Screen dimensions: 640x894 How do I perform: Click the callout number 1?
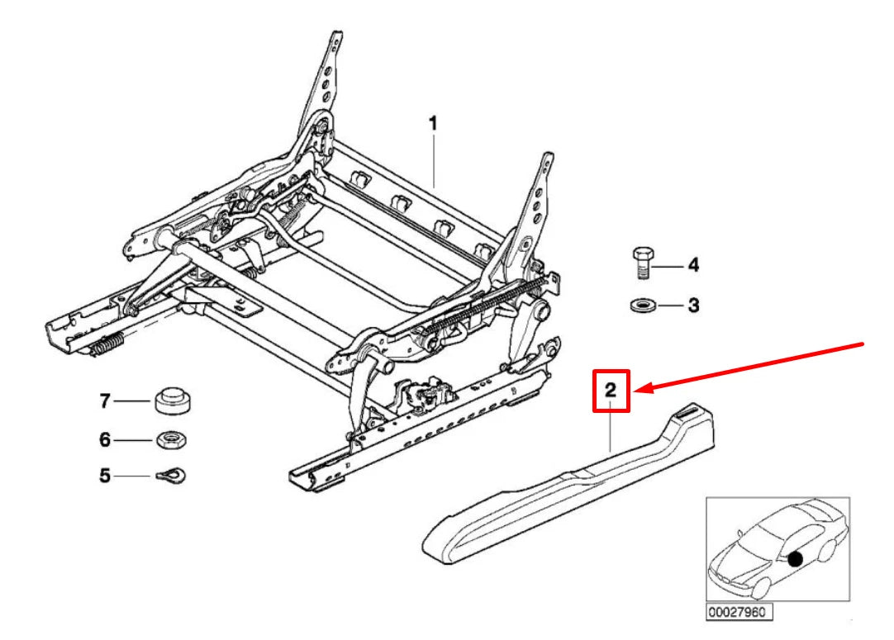coord(432,124)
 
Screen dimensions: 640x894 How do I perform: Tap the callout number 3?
coord(693,306)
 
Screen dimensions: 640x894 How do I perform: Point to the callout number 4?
coord(693,265)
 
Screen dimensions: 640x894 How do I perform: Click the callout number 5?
coord(105,476)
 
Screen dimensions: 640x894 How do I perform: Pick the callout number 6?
coord(105,440)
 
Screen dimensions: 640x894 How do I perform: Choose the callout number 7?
coord(105,401)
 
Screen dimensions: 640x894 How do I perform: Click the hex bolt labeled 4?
coord(644,263)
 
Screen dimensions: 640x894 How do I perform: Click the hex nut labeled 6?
coord(170,439)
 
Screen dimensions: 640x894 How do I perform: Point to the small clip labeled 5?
coord(171,476)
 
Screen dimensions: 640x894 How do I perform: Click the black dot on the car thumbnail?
coord(795,559)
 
